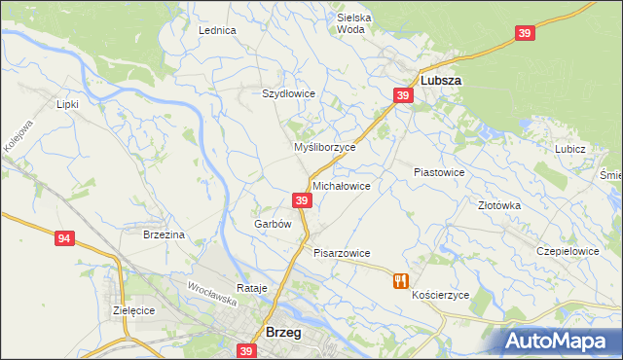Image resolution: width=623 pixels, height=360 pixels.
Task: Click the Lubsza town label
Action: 440,82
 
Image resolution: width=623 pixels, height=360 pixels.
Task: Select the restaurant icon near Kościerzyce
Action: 399,281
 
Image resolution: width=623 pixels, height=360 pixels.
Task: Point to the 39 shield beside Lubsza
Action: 403,95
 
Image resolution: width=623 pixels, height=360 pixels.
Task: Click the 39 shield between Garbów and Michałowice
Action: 302,200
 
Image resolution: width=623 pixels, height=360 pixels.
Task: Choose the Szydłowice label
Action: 288,93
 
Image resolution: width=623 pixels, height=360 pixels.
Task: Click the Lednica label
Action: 217,30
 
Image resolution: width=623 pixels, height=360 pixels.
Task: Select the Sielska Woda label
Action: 354,23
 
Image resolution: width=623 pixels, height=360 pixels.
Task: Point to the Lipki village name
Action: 67,104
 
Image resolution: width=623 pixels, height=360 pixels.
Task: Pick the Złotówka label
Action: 499,206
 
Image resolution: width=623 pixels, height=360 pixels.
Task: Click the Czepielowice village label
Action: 568,251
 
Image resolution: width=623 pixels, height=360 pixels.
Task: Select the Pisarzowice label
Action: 342,253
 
